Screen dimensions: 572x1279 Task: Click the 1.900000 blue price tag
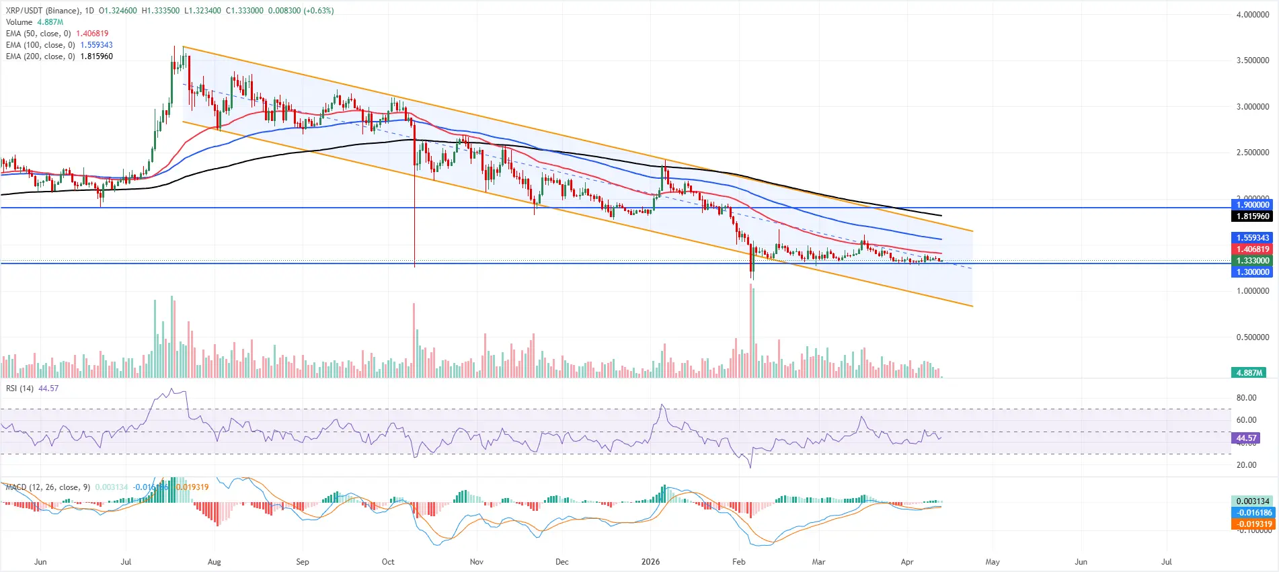pyautogui.click(x=1253, y=205)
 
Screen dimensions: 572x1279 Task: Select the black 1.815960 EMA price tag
pyautogui.click(x=1253, y=216)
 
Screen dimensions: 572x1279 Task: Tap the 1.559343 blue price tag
pyautogui.click(x=1253, y=238)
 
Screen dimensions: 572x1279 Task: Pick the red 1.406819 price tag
pyautogui.click(x=1253, y=249)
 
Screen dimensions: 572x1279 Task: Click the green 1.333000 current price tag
pyautogui.click(x=1253, y=261)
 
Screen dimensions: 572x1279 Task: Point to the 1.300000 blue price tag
pyautogui.click(x=1253, y=272)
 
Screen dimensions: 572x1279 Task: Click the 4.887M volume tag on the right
pyautogui.click(x=1249, y=373)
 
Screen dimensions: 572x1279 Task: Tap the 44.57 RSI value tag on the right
pyautogui.click(x=1246, y=438)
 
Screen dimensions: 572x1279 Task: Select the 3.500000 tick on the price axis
pyautogui.click(x=1252, y=60)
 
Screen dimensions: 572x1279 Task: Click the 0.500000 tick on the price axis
pyautogui.click(x=1252, y=337)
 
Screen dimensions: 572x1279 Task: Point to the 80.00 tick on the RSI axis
pyautogui.click(x=1246, y=398)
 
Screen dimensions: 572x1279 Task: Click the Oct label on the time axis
pyautogui.click(x=388, y=562)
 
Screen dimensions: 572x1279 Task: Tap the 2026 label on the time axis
pyautogui.click(x=650, y=562)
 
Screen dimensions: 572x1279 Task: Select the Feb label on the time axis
pyautogui.click(x=738, y=562)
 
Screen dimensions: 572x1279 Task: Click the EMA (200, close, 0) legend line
pyautogui.click(x=59, y=56)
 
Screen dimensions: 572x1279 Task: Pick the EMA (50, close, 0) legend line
pyautogui.click(x=56, y=34)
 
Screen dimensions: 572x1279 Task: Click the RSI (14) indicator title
pyautogui.click(x=20, y=389)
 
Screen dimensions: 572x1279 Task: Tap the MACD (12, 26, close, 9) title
pyautogui.click(x=48, y=487)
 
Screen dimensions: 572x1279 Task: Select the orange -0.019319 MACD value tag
pyautogui.click(x=1253, y=524)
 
